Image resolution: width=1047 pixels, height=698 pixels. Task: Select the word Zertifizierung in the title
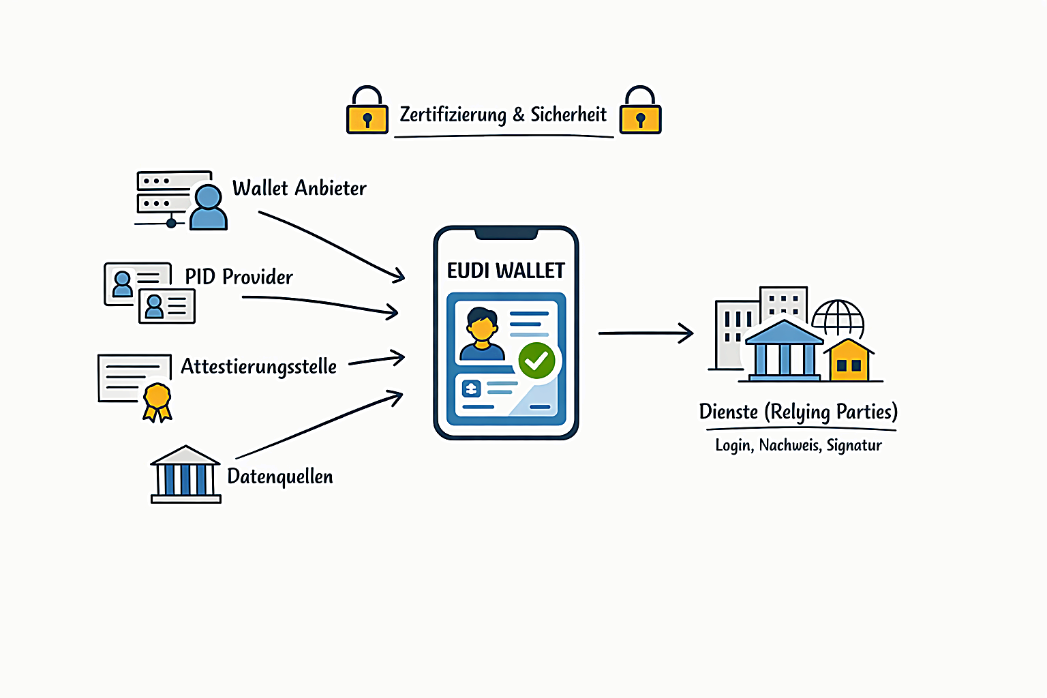(x=453, y=115)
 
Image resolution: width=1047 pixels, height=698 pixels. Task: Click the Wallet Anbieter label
(x=299, y=188)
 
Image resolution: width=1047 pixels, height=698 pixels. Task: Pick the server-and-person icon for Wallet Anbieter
(x=181, y=200)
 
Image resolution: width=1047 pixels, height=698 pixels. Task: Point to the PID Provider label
(x=239, y=277)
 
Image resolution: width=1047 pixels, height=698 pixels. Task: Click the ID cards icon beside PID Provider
(x=150, y=292)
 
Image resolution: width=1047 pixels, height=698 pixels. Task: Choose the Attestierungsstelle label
(x=258, y=367)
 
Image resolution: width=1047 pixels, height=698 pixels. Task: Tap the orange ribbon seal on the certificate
(x=157, y=400)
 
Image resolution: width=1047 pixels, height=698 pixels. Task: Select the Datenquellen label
(x=280, y=476)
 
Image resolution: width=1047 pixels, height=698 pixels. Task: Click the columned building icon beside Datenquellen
(x=185, y=475)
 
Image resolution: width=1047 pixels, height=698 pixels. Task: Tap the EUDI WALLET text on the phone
(x=506, y=271)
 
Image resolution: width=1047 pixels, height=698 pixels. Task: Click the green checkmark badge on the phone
(x=536, y=361)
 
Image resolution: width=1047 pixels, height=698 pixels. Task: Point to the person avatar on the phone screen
(x=482, y=334)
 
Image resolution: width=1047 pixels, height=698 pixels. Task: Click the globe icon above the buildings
(x=838, y=318)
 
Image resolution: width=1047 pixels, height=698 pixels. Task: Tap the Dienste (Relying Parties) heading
(x=798, y=412)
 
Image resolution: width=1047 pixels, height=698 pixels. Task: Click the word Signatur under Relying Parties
(x=854, y=446)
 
